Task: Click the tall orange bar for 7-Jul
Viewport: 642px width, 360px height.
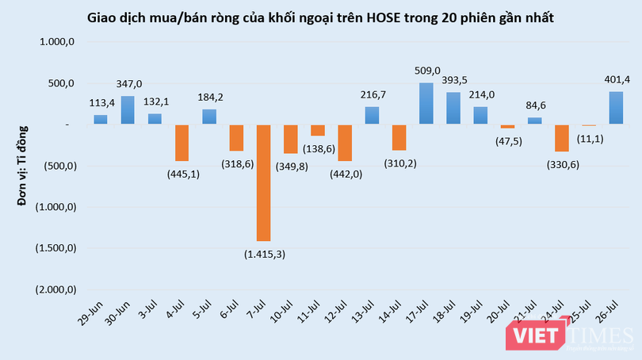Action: coord(263,182)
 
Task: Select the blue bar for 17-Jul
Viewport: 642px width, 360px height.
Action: coord(426,103)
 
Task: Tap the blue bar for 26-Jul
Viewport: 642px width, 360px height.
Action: coord(616,108)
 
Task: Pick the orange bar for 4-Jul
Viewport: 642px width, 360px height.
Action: coord(182,143)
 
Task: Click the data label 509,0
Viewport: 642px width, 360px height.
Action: coord(427,71)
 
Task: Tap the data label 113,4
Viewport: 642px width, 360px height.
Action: coord(101,102)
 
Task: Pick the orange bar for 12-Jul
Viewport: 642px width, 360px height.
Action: coord(345,143)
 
